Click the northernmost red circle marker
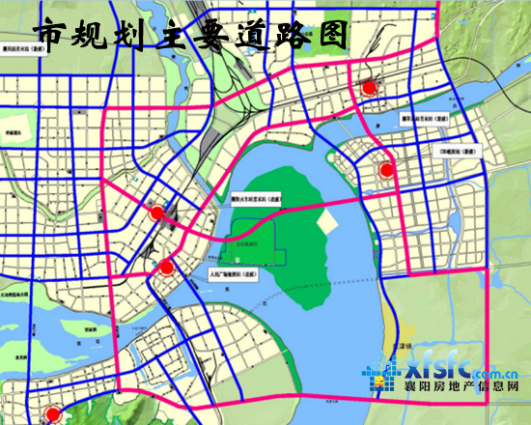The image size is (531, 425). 368,88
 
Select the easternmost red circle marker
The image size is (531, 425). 387,171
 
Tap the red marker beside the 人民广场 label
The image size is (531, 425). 166,268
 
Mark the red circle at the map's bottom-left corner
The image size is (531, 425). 52,413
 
